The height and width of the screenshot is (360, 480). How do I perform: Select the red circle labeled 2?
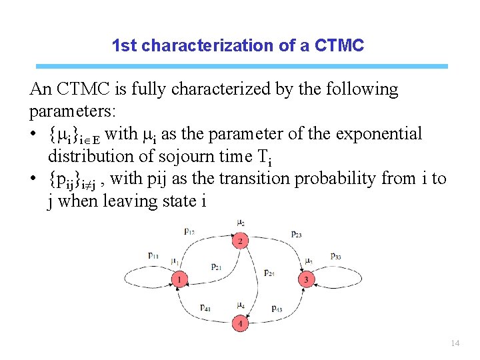pyautogui.click(x=240, y=241)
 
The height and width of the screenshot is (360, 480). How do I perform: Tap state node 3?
pyautogui.click(x=306, y=279)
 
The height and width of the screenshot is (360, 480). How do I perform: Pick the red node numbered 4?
pyautogui.click(x=240, y=324)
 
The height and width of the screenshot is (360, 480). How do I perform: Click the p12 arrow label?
pyautogui.click(x=189, y=231)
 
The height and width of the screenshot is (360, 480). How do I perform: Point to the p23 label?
pyautogui.click(x=296, y=234)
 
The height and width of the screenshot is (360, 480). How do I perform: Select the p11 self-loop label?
pyautogui.click(x=154, y=255)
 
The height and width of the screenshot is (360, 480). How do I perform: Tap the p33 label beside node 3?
pyautogui.click(x=337, y=256)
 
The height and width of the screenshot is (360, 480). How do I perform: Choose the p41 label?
pyautogui.click(x=205, y=308)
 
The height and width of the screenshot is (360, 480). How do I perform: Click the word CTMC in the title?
pyautogui.click(x=339, y=46)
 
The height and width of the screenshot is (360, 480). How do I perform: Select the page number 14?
pyautogui.click(x=455, y=343)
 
